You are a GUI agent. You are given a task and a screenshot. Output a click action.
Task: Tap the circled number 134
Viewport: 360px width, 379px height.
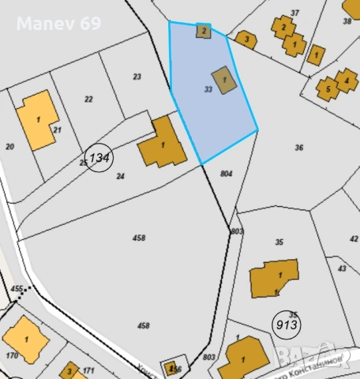click(x=99, y=158)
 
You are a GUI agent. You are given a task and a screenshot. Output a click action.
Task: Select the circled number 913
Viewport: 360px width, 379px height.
click(x=286, y=324)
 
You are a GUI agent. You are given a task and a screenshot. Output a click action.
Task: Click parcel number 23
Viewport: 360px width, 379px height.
click(x=137, y=77)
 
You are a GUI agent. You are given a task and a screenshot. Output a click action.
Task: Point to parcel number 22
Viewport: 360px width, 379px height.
click(x=88, y=99)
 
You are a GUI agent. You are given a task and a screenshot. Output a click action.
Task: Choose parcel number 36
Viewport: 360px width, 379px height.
click(x=298, y=148)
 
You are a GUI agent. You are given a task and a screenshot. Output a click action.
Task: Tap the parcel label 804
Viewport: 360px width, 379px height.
click(x=227, y=173)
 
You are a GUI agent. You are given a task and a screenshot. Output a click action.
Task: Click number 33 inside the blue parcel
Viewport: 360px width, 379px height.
click(x=208, y=90)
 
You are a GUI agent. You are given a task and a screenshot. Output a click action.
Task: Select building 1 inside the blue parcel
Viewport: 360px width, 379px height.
click(x=225, y=80)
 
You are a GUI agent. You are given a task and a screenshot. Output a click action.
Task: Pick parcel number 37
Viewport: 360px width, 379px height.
click(x=294, y=13)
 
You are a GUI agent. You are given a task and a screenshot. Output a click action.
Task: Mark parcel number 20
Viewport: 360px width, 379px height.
click(x=9, y=146)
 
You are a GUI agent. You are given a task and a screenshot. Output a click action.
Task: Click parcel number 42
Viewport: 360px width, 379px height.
click(x=353, y=238)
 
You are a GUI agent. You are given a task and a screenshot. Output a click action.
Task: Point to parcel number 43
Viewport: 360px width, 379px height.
click(x=342, y=268)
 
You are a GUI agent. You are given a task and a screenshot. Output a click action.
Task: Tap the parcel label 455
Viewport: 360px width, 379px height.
click(x=17, y=290)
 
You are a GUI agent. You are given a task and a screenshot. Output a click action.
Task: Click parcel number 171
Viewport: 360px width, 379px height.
click(x=88, y=370)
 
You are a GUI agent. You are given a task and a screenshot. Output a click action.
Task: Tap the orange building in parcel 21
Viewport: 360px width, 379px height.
click(x=38, y=120)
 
